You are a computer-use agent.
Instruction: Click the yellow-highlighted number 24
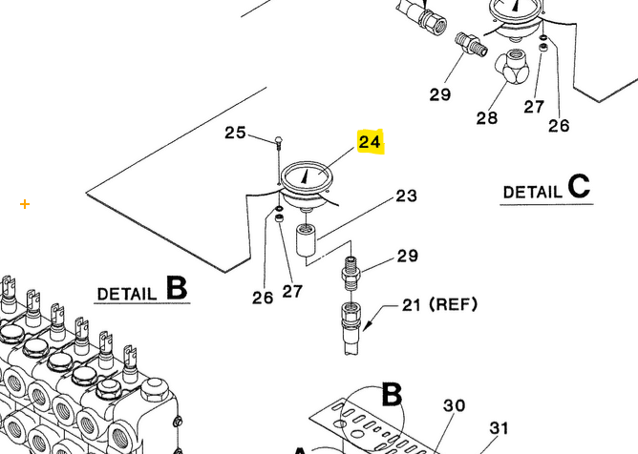(x=370, y=143)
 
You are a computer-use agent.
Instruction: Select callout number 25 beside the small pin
(x=236, y=133)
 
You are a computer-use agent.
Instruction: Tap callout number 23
(x=407, y=196)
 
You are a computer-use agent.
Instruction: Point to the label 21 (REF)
(x=438, y=305)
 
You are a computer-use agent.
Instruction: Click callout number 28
(x=487, y=118)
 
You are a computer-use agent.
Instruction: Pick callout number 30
(x=454, y=405)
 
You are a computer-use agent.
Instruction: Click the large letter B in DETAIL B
(x=177, y=288)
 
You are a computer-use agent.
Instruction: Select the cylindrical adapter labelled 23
(x=307, y=241)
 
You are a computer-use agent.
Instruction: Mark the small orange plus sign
(x=25, y=204)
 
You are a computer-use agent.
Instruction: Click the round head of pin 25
(x=278, y=140)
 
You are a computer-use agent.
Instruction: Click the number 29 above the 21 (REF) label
(x=408, y=256)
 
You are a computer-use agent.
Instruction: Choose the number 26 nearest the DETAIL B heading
(x=263, y=298)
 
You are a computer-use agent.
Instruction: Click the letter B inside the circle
(x=393, y=395)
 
